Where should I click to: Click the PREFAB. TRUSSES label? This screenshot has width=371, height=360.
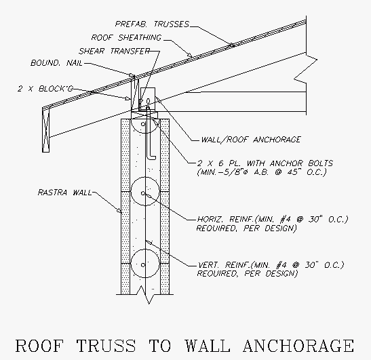(x=152, y=24)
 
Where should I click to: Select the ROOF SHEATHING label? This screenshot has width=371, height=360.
(x=126, y=37)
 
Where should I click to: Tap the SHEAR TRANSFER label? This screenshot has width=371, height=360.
(x=114, y=51)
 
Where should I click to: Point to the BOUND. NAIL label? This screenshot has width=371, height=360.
(x=56, y=63)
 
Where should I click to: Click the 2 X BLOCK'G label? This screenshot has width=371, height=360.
(x=45, y=89)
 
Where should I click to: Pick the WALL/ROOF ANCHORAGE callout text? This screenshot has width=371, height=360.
(x=250, y=139)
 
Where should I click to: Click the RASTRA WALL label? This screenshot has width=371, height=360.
(x=64, y=193)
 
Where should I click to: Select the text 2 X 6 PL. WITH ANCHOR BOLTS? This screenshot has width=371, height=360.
(x=265, y=163)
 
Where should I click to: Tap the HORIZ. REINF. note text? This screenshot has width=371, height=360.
(x=273, y=224)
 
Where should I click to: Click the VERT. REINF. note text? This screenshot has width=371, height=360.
(x=271, y=269)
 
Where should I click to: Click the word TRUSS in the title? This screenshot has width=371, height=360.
(x=106, y=346)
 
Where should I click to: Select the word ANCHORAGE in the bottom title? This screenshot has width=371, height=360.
(x=298, y=346)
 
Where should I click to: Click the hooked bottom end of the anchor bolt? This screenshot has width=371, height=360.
(x=151, y=157)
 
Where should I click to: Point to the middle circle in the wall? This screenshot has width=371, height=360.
(x=145, y=191)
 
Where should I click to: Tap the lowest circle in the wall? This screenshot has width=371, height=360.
(x=145, y=263)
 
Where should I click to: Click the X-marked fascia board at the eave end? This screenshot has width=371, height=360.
(x=46, y=131)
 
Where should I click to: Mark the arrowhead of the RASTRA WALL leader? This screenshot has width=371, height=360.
(x=120, y=210)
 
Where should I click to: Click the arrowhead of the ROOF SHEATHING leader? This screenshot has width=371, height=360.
(x=189, y=55)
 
